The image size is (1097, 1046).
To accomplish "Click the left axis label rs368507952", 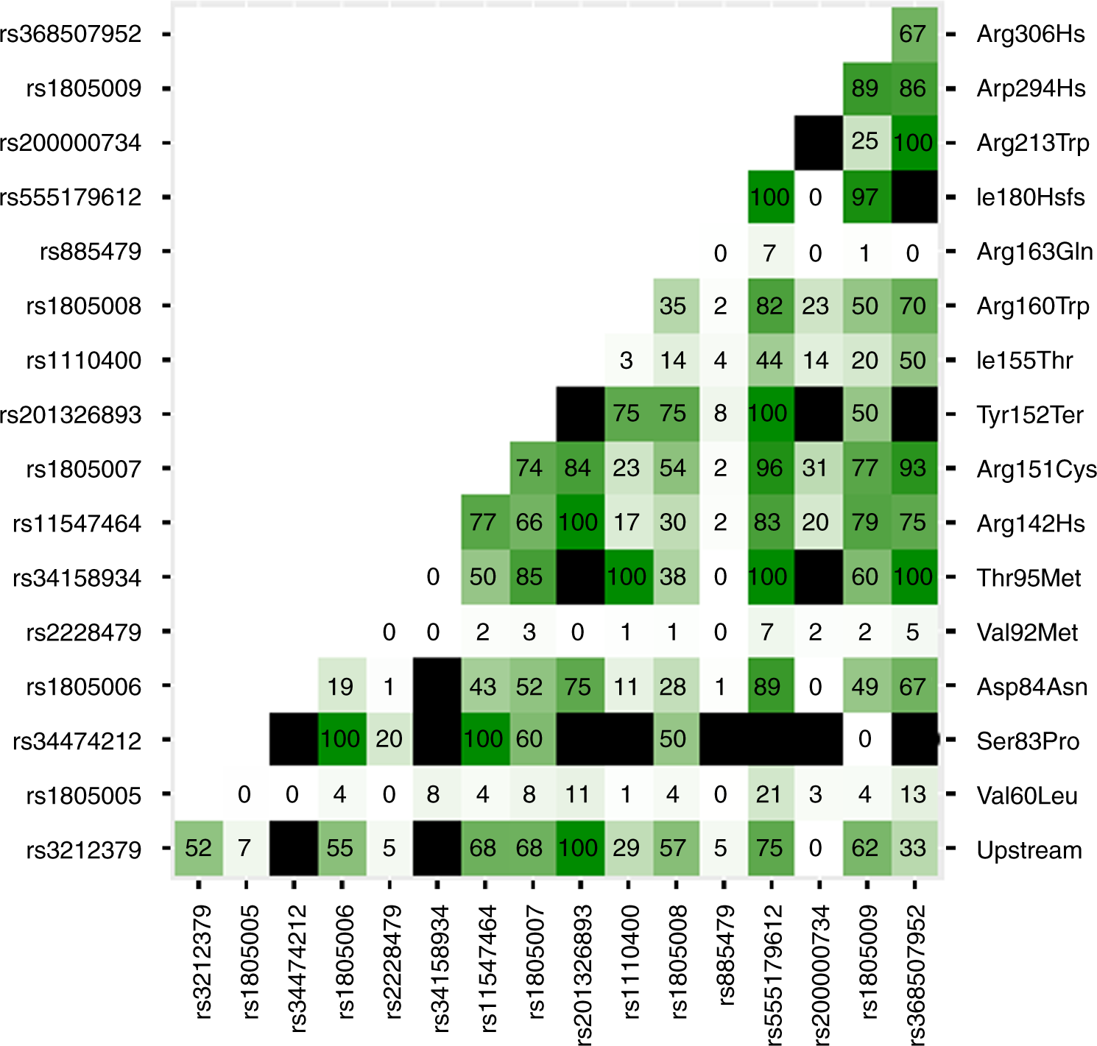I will [71, 35].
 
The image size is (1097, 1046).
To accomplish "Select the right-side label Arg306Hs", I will [1030, 35].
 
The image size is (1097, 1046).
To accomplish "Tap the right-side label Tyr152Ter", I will [1029, 415].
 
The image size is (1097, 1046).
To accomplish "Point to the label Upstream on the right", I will [1029, 850].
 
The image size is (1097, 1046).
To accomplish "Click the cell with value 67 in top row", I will [913, 35].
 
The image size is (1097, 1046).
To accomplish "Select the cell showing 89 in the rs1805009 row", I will [865, 88].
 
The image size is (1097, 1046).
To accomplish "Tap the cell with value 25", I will [865, 142].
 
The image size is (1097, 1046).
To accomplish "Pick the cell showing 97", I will [865, 197].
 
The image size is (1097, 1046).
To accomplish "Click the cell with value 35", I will [673, 305].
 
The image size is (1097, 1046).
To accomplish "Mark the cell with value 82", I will [769, 305].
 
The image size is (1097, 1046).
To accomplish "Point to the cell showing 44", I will [769, 360].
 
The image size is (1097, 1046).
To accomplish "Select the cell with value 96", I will [769, 468].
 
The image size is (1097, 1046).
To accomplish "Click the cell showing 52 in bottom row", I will [199, 849].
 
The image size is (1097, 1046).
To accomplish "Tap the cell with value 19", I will [340, 687].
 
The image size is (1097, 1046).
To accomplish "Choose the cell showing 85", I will [529, 576].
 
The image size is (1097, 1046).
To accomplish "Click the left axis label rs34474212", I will [77, 741].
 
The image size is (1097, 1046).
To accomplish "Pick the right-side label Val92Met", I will [1026, 632].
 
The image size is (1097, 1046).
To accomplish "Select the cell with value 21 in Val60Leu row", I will [769, 795].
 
